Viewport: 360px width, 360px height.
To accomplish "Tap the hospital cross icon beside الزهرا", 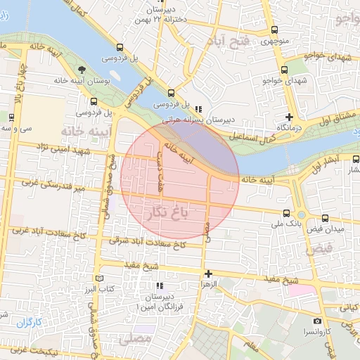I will click(x=207, y=274).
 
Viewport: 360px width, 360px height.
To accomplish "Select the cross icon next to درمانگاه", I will click(x=289, y=117).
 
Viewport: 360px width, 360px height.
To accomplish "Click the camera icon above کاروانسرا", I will click(x=317, y=321).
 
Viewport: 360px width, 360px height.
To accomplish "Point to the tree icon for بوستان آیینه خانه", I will click(x=82, y=70).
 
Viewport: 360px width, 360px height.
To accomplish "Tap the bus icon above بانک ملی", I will click(x=285, y=212).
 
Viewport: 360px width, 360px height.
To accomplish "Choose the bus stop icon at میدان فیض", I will click(x=325, y=219).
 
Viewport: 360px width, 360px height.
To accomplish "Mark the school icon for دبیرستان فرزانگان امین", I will click(x=160, y=285).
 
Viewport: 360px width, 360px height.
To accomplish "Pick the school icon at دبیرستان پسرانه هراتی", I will click(x=199, y=109).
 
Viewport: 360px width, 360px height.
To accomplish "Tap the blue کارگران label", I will click(x=30, y=323).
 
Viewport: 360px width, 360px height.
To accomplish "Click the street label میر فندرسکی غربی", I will click(x=53, y=186).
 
